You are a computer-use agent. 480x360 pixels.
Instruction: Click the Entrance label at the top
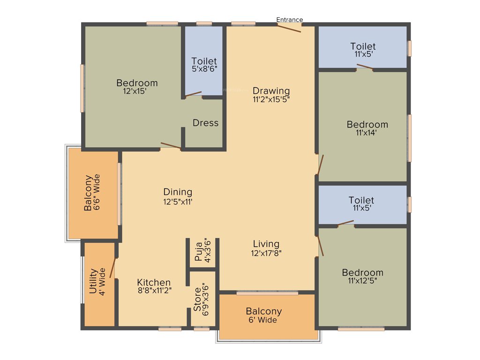pos(289,20)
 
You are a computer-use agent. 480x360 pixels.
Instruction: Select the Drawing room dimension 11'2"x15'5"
pos(271,99)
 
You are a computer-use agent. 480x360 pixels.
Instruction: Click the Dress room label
pos(205,123)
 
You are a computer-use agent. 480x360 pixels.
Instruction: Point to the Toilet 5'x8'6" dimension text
pos(204,69)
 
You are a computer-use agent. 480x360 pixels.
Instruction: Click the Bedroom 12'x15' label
pos(137,83)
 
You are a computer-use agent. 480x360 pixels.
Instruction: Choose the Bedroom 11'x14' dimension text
pos(367,133)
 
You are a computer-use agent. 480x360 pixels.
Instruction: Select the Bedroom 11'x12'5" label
pos(362,272)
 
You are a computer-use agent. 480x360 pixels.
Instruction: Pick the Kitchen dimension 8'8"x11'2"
pos(154,291)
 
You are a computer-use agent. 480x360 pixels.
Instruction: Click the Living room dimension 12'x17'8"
pos(266,253)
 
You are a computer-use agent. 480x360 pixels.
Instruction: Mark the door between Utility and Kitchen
pos(112,268)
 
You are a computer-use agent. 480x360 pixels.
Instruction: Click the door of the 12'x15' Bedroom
pos(171,146)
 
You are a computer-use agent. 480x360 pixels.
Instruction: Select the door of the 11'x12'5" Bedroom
pos(321,246)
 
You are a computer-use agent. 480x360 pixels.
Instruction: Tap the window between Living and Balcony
pos(267,293)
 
